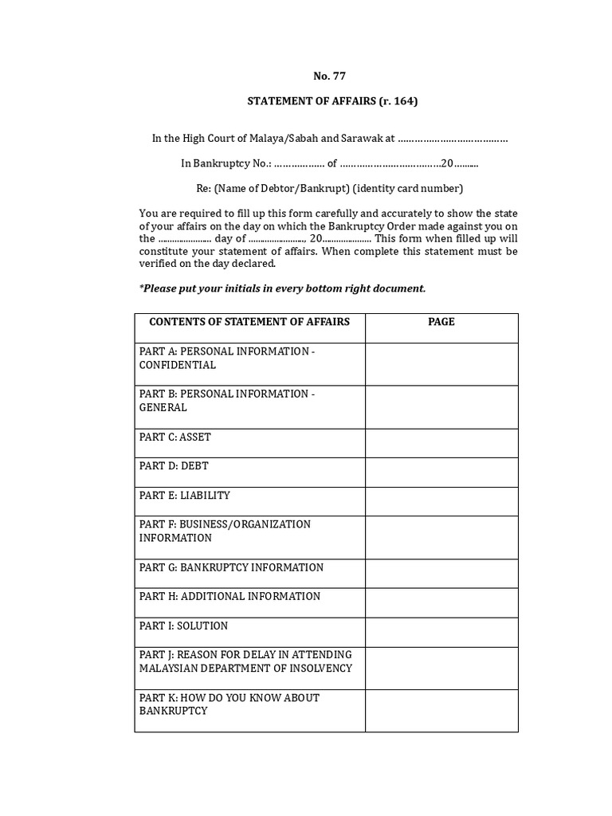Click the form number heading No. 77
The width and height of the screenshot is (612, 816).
coord(329,76)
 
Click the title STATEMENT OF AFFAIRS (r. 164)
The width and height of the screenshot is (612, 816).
coord(332,101)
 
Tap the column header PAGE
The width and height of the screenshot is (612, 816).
coord(441,322)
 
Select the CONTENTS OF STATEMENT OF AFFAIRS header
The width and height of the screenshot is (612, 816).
coord(249,322)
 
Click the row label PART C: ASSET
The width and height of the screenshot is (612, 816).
coord(175,437)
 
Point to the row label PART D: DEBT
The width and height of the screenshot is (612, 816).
coord(174,466)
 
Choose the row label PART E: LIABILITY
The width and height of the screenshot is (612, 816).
coord(184,496)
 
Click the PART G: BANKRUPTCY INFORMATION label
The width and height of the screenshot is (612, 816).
coord(231,567)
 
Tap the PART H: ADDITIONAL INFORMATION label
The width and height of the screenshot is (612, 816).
coord(229,596)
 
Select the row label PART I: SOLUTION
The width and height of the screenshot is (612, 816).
coord(183,626)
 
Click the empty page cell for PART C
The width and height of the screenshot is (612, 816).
coord(441,442)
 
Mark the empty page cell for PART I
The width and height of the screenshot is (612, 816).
coord(441,631)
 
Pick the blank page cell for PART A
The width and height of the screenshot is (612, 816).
coord(441,364)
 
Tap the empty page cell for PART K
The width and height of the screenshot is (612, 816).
coord(441,711)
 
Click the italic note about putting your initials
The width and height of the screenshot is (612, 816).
coord(282,288)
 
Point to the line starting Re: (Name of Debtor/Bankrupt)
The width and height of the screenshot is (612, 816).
coord(329,189)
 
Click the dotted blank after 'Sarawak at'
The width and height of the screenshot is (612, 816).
coord(453,139)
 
